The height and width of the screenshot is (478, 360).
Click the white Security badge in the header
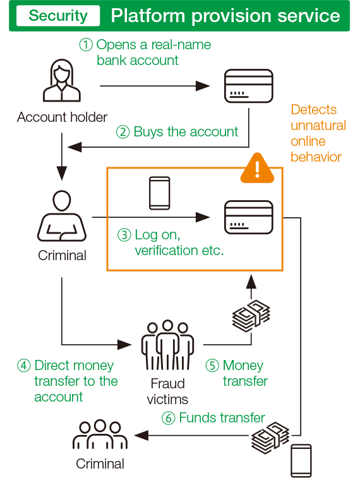coord(58,16)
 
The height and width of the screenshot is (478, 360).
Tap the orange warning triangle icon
coord(257,168)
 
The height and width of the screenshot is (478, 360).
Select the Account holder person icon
coord(62,80)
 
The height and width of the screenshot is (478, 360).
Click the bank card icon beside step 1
coord(248,86)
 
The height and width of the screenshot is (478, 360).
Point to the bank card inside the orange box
coord(248,217)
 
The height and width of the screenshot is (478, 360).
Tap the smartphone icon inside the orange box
coord(159,193)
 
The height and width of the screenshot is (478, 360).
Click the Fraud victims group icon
coord(167,345)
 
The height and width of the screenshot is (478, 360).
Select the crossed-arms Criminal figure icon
coord(62,216)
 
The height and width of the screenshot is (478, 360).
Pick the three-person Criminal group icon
coord(100,434)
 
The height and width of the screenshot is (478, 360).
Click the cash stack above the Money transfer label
coord(251,316)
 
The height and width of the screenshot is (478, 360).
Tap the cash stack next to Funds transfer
coord(270,438)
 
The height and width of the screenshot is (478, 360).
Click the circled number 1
coord(86,45)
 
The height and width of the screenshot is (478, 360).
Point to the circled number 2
coord(123,132)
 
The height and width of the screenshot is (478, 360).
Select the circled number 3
coord(124,235)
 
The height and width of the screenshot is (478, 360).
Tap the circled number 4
coord(24,366)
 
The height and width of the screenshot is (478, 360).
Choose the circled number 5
coord(212,366)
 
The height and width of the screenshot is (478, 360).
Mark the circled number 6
coord(168,418)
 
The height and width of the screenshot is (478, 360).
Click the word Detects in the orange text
coord(314,109)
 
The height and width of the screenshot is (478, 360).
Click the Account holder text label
coord(62,117)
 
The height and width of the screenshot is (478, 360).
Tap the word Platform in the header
coord(148,16)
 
